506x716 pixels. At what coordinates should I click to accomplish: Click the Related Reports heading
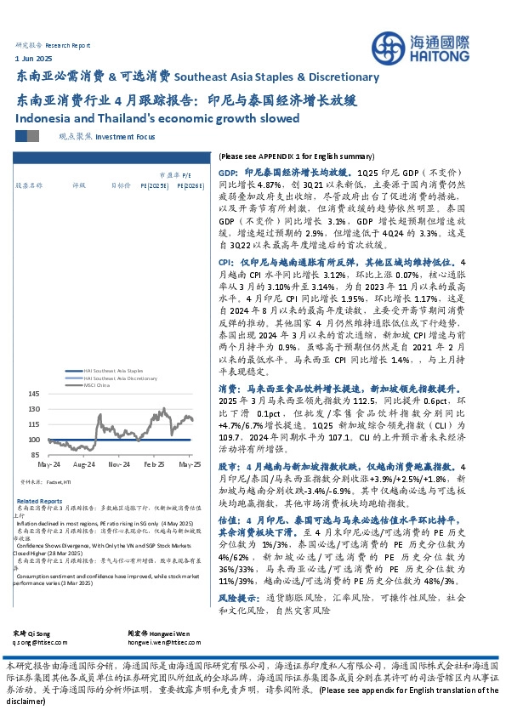coord(39,501)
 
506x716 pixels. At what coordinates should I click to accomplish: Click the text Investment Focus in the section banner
coord(125,135)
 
